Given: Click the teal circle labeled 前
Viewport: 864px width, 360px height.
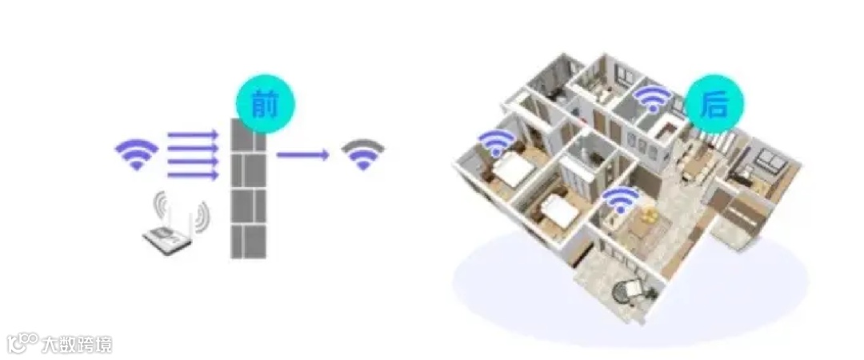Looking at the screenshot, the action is (x=266, y=104).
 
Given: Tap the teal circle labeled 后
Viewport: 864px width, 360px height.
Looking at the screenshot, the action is (x=714, y=104).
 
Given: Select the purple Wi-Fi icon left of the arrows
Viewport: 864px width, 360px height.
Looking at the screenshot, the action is (x=137, y=153).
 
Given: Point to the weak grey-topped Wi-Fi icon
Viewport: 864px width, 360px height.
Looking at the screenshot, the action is (x=363, y=154).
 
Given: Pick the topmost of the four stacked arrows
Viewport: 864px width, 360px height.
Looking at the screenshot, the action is (x=193, y=134).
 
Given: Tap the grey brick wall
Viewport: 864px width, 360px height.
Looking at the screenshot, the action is (x=248, y=189).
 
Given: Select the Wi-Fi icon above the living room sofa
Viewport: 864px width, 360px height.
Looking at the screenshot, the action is (x=621, y=200).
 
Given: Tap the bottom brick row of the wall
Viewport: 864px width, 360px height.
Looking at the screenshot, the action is (x=248, y=241).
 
